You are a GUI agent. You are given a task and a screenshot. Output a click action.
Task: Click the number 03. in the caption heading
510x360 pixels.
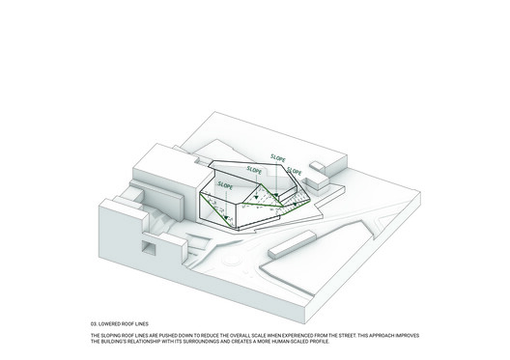[x=93, y=324]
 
